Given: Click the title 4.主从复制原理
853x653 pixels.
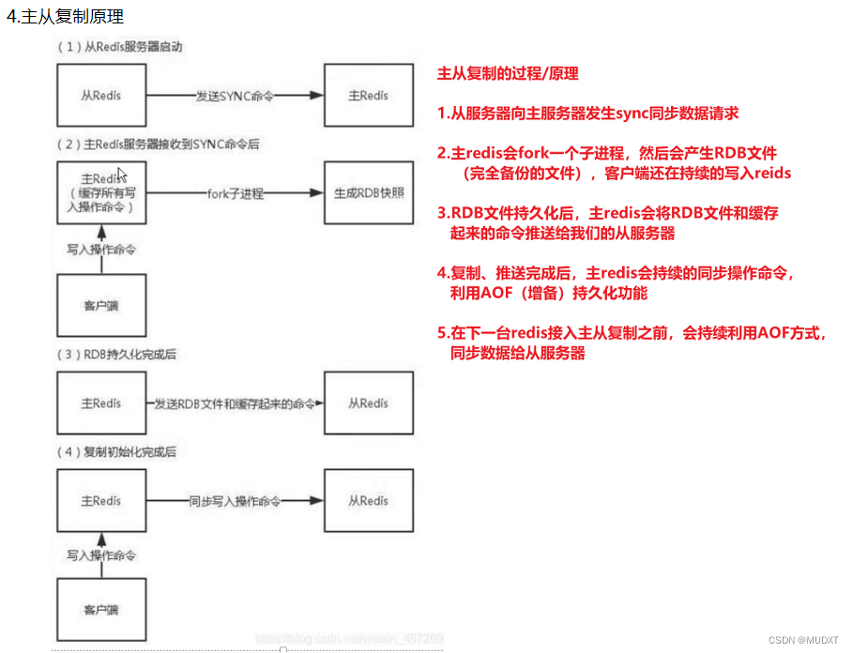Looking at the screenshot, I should (x=66, y=17).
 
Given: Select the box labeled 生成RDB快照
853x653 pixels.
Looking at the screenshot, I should (x=368, y=193).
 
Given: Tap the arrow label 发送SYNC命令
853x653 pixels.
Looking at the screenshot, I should (x=235, y=96).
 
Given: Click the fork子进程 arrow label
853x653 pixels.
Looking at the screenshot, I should (x=235, y=193).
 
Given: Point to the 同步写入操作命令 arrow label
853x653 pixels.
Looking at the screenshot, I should (x=235, y=502).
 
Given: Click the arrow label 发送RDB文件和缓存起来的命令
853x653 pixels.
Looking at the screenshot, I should (x=235, y=403).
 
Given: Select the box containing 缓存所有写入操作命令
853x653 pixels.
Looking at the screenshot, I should (x=100, y=193).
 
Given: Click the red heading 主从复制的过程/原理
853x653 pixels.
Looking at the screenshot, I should (x=508, y=73).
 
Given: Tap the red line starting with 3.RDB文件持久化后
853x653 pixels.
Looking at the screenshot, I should (x=607, y=213).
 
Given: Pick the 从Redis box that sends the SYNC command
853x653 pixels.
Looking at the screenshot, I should (x=100, y=96).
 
